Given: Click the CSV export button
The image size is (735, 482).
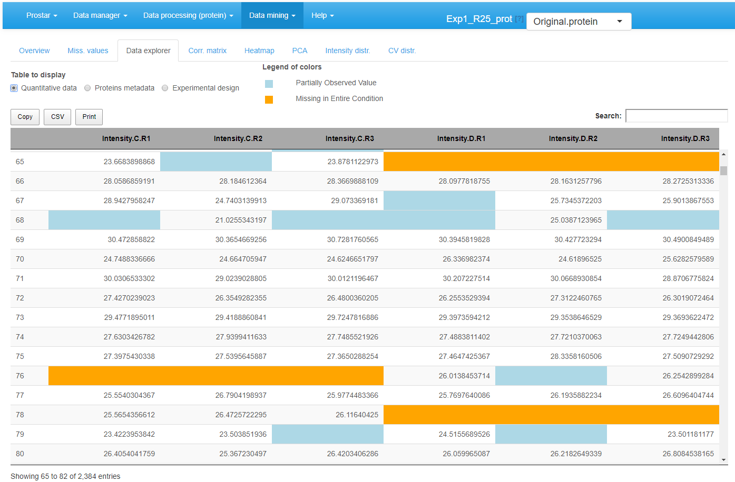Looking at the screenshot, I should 57,117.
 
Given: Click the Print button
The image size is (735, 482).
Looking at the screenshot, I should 89,117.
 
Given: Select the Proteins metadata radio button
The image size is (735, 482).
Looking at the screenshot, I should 88,88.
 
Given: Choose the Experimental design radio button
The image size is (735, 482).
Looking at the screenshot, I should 165,88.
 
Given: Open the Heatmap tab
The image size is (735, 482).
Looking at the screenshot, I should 259,51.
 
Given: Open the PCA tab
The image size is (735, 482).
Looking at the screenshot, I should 299,51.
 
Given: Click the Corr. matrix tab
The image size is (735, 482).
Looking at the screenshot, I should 207,51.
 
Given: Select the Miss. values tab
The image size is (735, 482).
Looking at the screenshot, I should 87,51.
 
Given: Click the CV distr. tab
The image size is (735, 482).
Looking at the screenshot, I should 401,51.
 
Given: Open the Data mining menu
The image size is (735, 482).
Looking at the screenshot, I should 272,15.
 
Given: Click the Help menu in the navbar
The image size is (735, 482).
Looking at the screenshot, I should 322,15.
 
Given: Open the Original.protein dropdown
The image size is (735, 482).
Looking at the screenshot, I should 579,22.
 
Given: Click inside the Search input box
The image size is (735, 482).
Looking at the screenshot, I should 676,116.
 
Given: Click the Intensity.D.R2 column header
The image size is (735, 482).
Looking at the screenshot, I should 573,138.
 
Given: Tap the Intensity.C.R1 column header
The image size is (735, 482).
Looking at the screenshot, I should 126,138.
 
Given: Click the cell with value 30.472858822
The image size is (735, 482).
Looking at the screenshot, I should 131,239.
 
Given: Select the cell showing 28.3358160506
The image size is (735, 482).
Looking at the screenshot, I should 576,356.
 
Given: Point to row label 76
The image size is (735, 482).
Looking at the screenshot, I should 20,376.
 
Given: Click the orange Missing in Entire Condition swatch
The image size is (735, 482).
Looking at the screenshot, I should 269,99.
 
